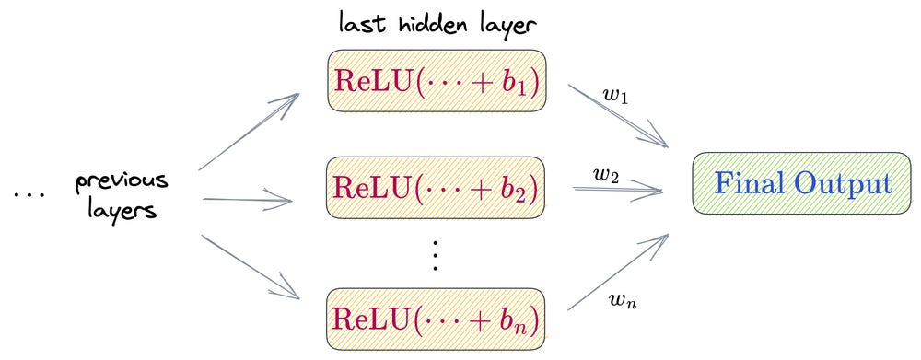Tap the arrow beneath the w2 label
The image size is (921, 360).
[617, 190]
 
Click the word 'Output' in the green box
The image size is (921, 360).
[847, 184]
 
